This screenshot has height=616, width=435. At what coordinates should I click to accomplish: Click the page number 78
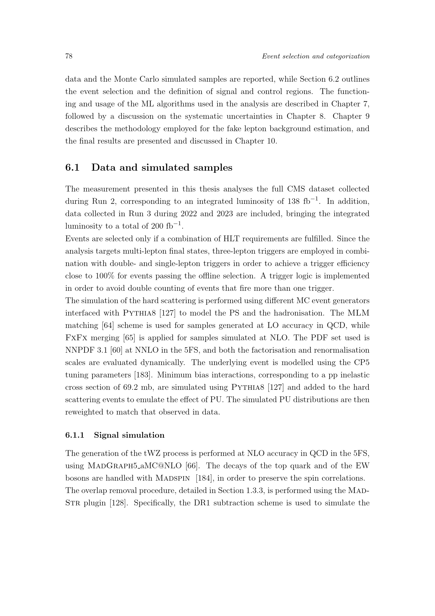69,56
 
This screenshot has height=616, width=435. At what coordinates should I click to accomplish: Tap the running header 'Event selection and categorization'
316,56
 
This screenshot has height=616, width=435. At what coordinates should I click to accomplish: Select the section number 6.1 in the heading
72,167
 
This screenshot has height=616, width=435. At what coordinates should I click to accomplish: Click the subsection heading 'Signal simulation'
129,435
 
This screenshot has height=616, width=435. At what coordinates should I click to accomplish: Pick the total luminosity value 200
157,226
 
